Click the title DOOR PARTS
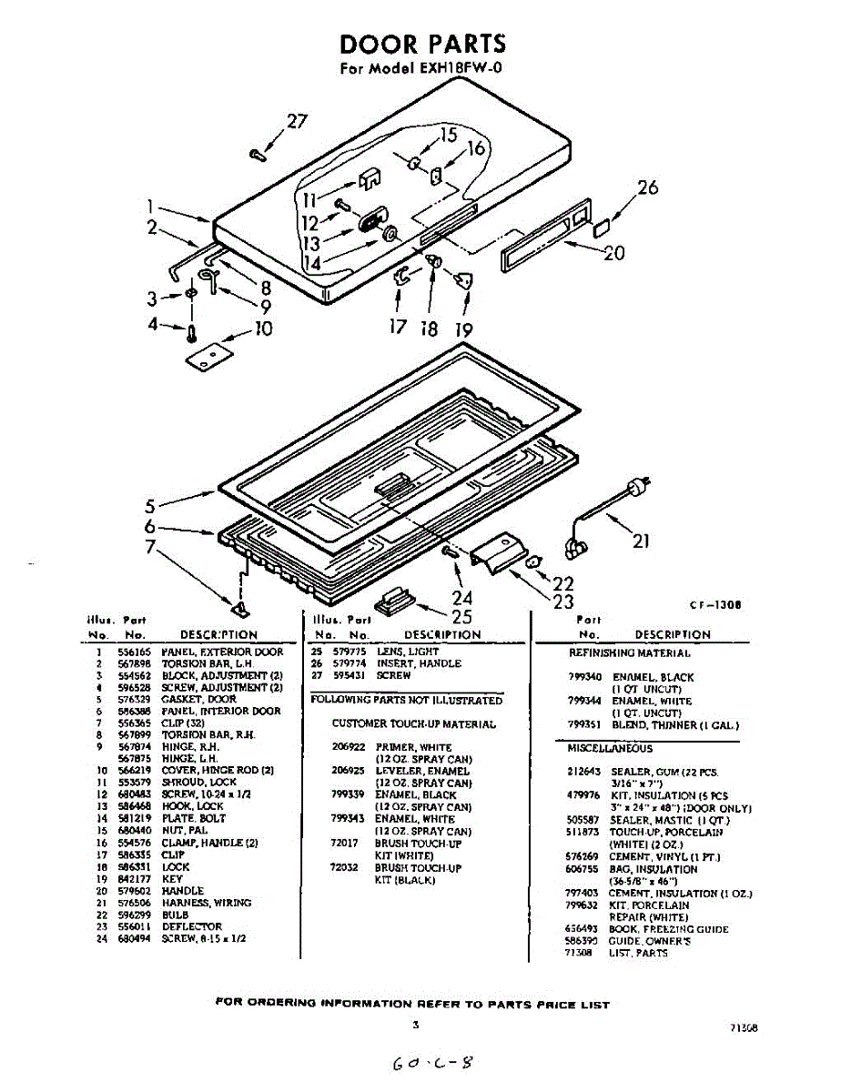coord(422,44)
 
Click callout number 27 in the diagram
coord(298,122)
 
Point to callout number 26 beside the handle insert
coord(646,188)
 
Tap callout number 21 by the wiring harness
coord(641,541)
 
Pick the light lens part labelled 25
coord(394,602)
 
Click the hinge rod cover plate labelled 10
coord(208,358)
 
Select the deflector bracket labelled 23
coord(497,551)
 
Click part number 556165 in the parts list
coord(135,652)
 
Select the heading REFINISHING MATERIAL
coord(629,652)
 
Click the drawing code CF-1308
coord(712,603)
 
